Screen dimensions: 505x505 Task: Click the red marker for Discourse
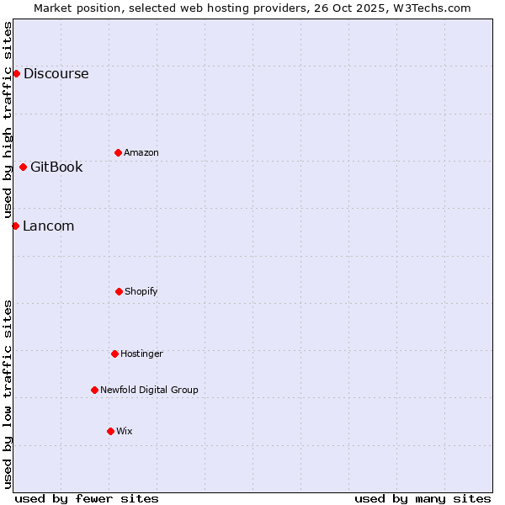click(16, 73)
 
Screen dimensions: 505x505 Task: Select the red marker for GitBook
click(23, 167)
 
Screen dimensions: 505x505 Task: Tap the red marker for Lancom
click(15, 226)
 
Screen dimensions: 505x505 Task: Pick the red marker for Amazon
click(118, 152)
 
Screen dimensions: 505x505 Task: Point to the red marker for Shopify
click(119, 291)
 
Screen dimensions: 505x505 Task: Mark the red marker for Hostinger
click(114, 353)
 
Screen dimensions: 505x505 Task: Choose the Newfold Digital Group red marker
click(94, 390)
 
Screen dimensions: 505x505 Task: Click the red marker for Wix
click(110, 431)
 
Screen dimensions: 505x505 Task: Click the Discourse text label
click(56, 73)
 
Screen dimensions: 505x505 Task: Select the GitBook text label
click(56, 167)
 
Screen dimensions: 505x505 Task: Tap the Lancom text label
click(48, 226)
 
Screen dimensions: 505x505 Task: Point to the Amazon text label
click(141, 152)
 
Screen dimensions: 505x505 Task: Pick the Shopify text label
click(141, 291)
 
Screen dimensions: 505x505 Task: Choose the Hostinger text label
click(141, 353)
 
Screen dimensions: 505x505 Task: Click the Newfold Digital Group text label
click(149, 390)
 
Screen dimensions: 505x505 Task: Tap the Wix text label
click(125, 431)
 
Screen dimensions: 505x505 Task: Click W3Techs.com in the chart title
click(430, 8)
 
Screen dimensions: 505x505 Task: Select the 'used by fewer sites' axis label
click(87, 498)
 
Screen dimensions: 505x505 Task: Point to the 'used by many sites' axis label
click(423, 498)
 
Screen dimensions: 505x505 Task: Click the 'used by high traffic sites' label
click(8, 120)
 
